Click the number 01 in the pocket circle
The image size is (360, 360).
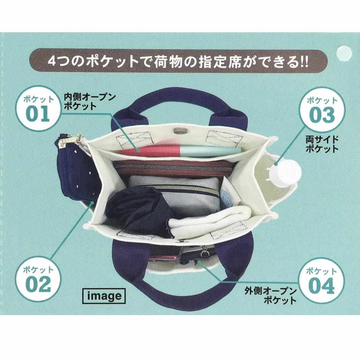(x=38, y=114)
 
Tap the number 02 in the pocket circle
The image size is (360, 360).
(x=38, y=284)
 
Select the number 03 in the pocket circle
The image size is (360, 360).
(x=322, y=115)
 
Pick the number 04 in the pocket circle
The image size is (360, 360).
(x=322, y=286)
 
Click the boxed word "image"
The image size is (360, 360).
(x=104, y=296)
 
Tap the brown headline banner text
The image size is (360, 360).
(x=178, y=62)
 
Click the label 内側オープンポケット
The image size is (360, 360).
(x=89, y=102)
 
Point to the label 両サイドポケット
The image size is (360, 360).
(x=322, y=144)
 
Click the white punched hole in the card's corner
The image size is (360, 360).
(x=344, y=53)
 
